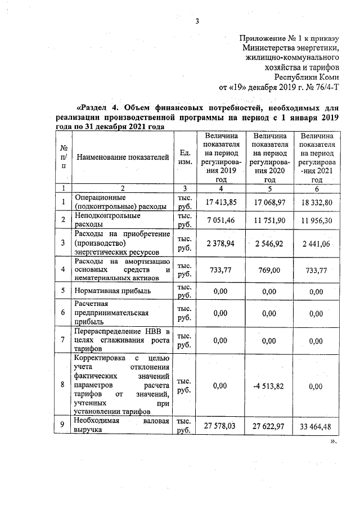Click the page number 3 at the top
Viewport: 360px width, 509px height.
(x=197, y=21)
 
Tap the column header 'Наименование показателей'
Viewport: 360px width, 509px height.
(x=122, y=157)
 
